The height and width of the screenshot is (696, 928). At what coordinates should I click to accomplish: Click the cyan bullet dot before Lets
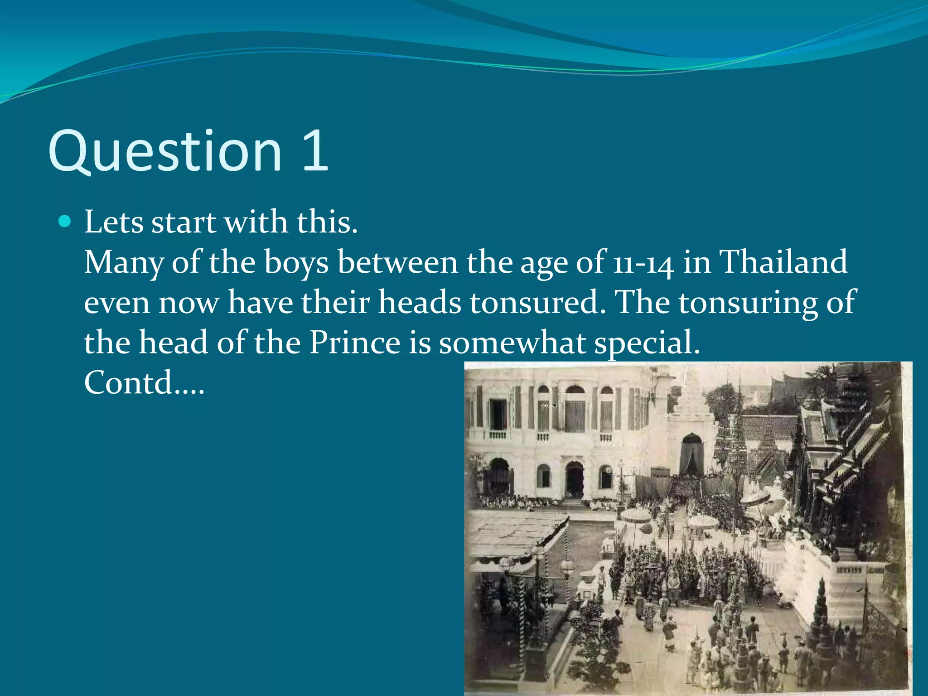coord(65,222)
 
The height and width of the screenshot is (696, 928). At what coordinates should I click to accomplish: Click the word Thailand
coord(783,262)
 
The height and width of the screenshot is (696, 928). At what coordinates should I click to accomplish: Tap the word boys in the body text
coord(296,263)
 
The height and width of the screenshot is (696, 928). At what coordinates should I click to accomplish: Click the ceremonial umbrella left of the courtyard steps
coord(635,516)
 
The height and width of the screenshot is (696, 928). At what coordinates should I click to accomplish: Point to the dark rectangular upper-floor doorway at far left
coord(498,414)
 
